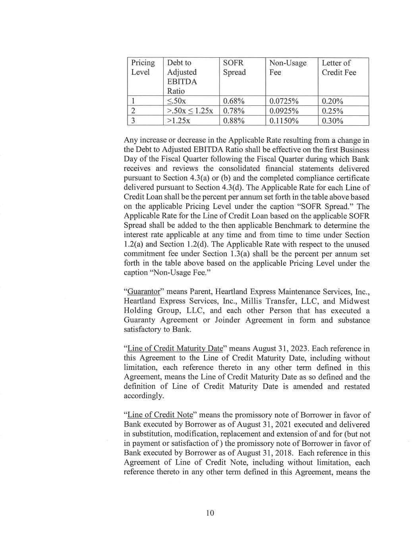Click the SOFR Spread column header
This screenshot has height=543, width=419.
point(234,68)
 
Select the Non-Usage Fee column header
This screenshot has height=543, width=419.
point(288,68)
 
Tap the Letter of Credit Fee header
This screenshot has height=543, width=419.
point(338,68)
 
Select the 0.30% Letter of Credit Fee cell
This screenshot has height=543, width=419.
point(332,121)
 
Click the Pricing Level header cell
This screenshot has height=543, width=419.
point(143,68)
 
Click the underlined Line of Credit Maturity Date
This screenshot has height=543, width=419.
point(175,348)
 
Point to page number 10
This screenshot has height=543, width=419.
point(210,513)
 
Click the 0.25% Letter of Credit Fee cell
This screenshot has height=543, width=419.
point(332,111)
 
